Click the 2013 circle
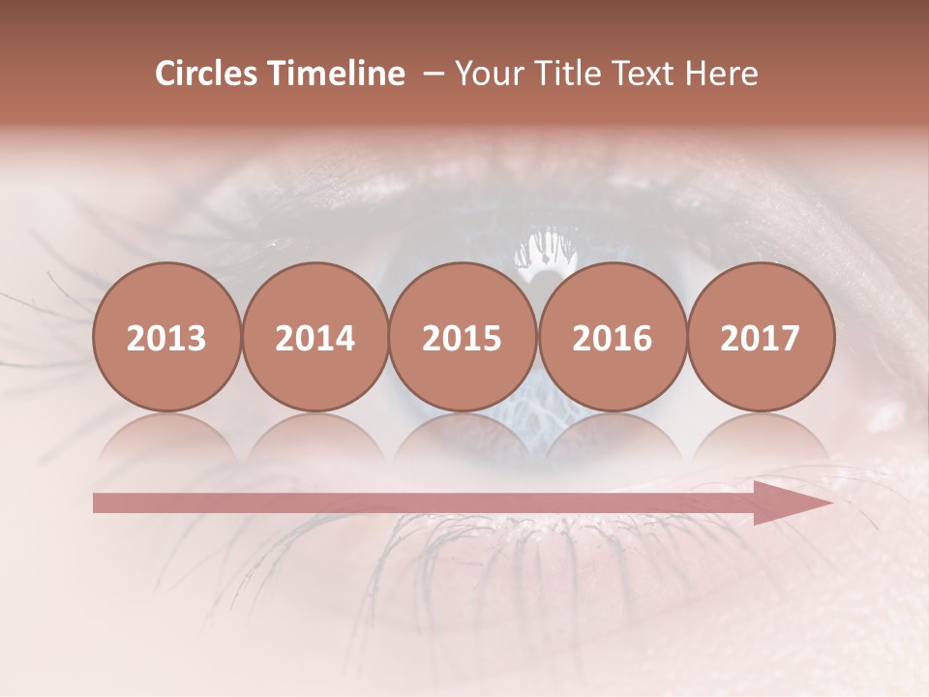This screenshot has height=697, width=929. click(x=166, y=337)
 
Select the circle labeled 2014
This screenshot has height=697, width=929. click(x=315, y=337)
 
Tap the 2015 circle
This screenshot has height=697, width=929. click(x=463, y=337)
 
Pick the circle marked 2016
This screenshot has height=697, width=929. click(x=612, y=337)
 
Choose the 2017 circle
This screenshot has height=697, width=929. click(x=760, y=337)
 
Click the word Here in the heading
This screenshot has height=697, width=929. click(x=722, y=74)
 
